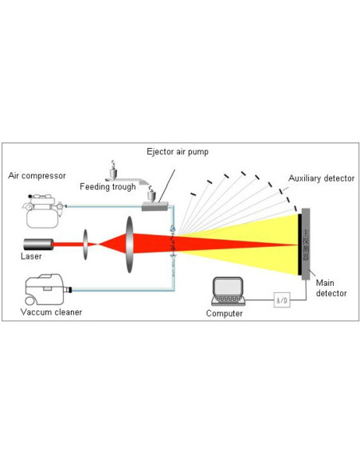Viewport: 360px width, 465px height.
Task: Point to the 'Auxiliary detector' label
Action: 321,178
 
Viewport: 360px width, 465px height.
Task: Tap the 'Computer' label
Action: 224,314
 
